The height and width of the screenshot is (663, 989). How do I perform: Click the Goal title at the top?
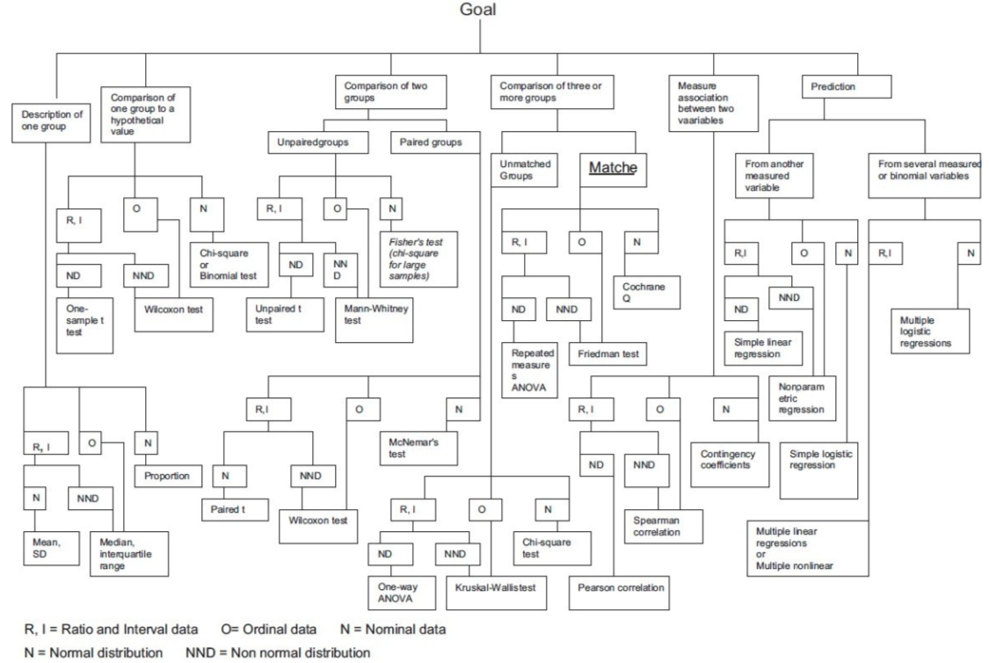(x=477, y=10)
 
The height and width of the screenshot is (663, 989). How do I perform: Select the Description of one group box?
(x=51, y=123)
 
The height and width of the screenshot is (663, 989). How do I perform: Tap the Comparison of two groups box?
(x=391, y=92)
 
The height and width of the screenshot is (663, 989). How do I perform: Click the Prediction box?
(x=847, y=87)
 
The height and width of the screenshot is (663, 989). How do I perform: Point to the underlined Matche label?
(x=613, y=168)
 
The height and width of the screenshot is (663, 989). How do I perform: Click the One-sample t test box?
(x=85, y=325)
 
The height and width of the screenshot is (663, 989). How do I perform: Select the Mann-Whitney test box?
(x=374, y=320)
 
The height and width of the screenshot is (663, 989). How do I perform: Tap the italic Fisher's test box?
(x=418, y=259)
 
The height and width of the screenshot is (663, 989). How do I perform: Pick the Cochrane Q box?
(x=647, y=292)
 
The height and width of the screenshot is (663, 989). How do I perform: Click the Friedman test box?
(x=608, y=353)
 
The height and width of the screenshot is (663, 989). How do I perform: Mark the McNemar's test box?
(x=418, y=448)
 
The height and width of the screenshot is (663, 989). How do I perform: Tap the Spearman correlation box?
(x=664, y=526)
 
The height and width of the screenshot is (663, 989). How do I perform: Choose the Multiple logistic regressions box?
(x=930, y=331)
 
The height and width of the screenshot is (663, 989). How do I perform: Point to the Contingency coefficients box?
(x=731, y=464)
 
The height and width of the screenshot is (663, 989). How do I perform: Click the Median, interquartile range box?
(x=130, y=554)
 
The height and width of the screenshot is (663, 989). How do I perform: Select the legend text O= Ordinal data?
(x=269, y=630)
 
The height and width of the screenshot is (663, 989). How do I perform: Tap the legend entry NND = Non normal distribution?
(x=278, y=652)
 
